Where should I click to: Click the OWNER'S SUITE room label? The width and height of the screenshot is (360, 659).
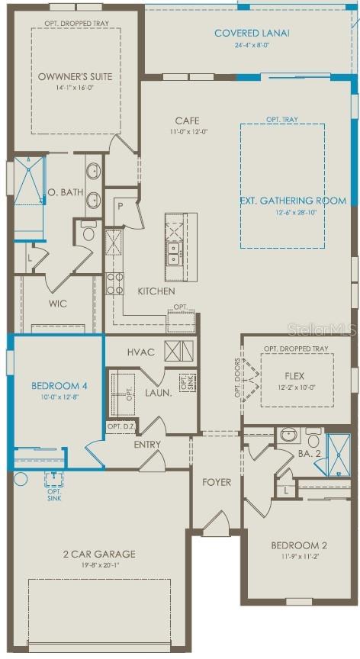coord(76,76)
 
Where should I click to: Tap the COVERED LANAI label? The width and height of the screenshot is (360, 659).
coord(252,33)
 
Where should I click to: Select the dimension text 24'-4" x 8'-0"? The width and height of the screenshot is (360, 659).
coord(252,45)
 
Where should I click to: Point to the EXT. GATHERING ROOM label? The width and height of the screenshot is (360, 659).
coord(293,201)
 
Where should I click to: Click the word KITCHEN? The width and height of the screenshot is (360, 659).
coord(156,291)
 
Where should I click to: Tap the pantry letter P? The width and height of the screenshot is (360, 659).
coord(120,204)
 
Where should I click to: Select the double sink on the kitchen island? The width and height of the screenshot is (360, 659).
coord(174,257)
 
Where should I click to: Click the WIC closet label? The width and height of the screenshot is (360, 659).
coord(58,304)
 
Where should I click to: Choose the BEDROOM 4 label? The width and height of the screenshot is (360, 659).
coord(59,386)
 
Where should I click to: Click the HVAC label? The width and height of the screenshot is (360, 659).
coord(141,352)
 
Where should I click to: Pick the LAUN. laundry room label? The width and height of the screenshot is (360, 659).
coord(159,392)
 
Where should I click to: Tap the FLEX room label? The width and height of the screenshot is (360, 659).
coord(294,375)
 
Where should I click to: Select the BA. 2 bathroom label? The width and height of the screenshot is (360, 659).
coord(308,453)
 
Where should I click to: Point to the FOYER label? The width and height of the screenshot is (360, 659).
coord(217,482)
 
